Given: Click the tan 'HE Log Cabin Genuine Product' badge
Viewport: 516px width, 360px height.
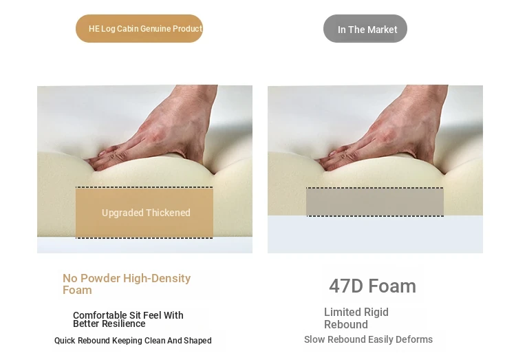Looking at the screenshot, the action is tap(139, 28).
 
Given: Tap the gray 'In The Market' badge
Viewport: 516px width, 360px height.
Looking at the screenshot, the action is tap(365, 29).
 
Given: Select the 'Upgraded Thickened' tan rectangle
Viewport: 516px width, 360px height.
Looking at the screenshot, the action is tap(144, 213).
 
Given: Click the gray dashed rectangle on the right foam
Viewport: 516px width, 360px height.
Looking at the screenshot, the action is tap(375, 202).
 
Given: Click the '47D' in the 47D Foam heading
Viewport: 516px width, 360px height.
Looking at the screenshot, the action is tap(346, 286).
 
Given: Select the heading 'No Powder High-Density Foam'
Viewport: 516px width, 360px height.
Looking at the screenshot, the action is tap(127, 284).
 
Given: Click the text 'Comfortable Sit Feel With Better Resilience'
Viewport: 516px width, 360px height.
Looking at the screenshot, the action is tap(128, 319).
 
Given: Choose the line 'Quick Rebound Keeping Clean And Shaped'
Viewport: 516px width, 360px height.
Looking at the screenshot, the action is tap(133, 341).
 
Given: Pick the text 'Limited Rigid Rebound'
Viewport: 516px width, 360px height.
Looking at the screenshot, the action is tap(356, 318).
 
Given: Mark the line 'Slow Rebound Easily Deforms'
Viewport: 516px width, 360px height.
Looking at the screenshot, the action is tap(368, 339).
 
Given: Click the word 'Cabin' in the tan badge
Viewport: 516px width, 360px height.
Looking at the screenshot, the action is tap(128, 29).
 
